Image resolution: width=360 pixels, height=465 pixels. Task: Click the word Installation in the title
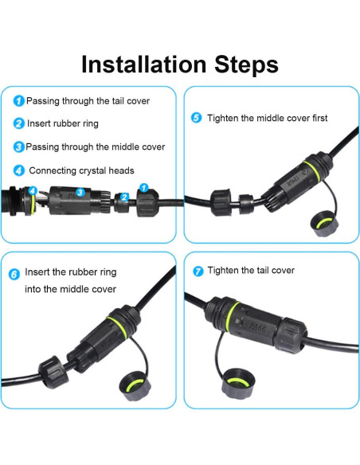click(144, 64)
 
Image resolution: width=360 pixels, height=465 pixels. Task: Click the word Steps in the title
click(246, 64)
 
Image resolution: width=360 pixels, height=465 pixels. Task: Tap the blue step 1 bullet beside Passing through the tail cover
click(18, 101)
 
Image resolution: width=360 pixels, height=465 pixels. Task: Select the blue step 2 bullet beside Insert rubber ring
click(18, 123)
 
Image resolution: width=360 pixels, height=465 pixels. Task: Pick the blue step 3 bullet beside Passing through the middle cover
click(18, 147)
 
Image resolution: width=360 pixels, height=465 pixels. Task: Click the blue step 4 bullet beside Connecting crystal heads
click(18, 170)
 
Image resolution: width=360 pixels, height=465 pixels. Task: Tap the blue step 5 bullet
click(196, 118)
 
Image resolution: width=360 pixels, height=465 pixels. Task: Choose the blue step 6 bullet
click(14, 275)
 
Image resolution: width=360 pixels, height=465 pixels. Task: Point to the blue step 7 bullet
click(198, 271)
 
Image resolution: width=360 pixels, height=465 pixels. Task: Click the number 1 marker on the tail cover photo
click(144, 188)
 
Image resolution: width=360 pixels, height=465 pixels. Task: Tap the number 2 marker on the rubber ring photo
click(124, 197)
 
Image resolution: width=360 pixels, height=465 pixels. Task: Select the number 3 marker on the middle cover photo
click(80, 193)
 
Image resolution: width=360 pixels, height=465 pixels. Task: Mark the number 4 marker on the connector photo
click(33, 190)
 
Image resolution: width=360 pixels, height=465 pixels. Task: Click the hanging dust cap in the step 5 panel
click(324, 223)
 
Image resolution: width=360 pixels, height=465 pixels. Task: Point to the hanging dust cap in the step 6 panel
click(135, 385)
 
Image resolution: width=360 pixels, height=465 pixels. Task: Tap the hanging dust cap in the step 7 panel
click(238, 383)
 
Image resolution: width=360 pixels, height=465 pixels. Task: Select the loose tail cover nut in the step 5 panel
click(221, 202)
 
